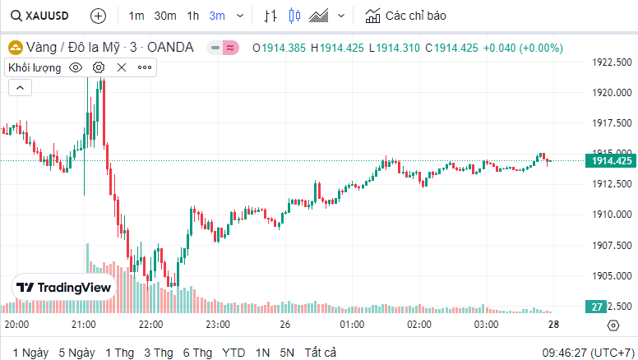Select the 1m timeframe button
tap(136, 16)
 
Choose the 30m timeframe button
tap(164, 16)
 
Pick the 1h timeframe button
tap(193, 16)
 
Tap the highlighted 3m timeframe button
tap(217, 16)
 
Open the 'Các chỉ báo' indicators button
tap(406, 16)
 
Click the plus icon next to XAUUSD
tap(98, 16)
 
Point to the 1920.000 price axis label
tap(612, 92)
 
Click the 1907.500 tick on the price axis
tap(612, 245)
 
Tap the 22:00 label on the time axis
tap(151, 325)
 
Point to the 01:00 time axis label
tap(353, 325)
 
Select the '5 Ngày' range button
tap(76, 353)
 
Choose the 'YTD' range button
tap(233, 353)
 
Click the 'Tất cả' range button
tap(321, 353)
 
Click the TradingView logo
tap(64, 288)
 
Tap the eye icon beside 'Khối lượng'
tap(76, 67)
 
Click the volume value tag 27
tap(598, 307)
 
